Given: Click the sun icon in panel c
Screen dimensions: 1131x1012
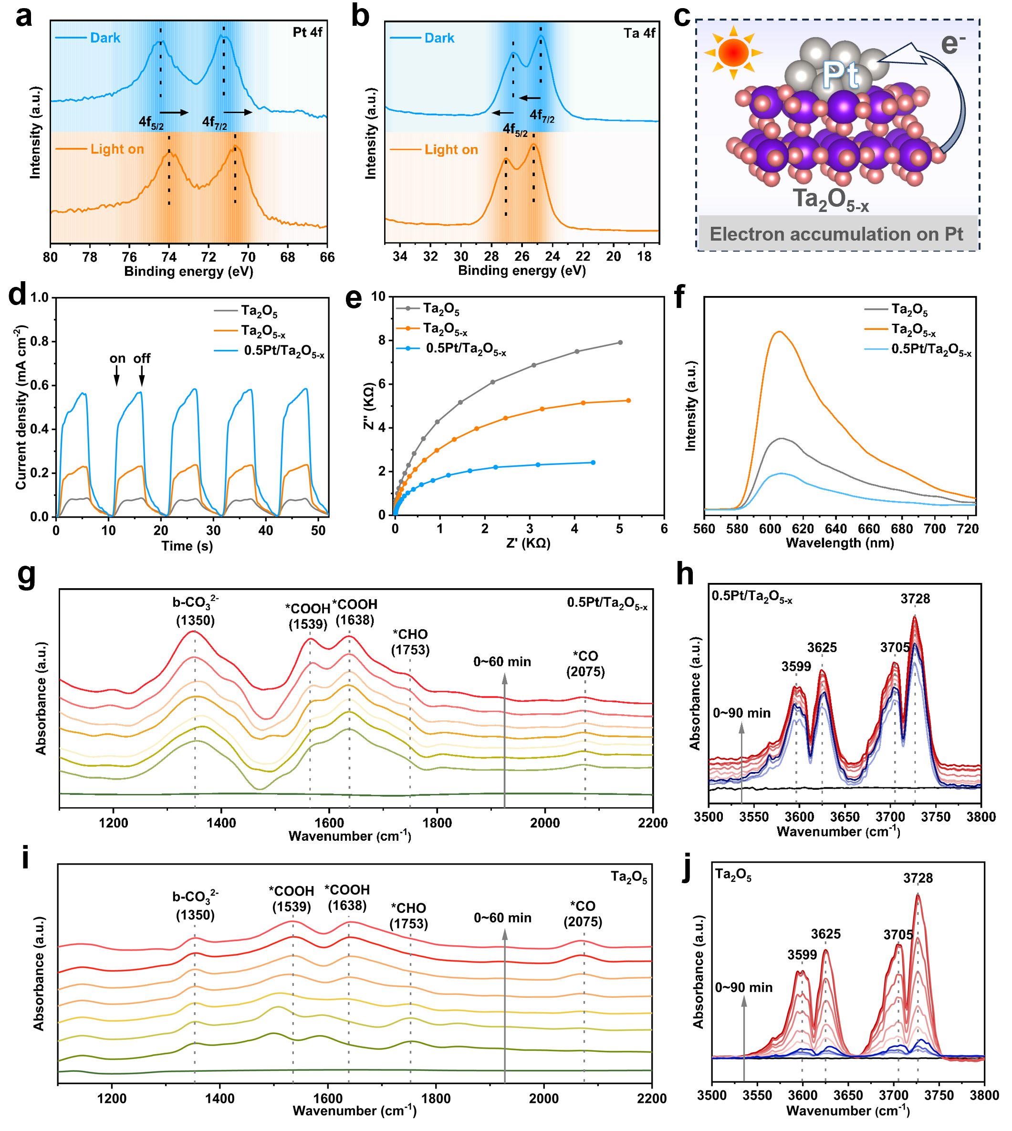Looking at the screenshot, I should point(733,53).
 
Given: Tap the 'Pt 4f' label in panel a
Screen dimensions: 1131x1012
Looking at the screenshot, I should point(307,32).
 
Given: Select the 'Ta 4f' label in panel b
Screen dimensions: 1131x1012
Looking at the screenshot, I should point(639,33).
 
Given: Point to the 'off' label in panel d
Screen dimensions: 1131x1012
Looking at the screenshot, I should point(142,358).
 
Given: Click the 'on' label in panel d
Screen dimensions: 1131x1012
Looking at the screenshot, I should point(117,358).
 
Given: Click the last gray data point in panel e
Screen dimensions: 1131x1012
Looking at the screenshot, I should point(620,343).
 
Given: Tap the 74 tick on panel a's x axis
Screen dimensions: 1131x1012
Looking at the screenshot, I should point(169,257).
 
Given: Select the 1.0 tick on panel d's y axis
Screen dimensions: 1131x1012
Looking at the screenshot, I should point(40,297).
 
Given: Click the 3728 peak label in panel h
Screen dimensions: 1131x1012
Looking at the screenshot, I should point(915,599).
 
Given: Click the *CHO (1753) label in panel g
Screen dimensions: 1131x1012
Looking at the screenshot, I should point(410,642).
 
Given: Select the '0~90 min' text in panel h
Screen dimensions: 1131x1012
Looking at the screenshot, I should point(742,713).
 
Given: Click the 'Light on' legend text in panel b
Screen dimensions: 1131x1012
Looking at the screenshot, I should point(451,149).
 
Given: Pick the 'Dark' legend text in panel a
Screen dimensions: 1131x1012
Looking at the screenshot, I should point(105,38).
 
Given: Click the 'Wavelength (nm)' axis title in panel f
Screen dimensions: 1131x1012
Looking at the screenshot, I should point(840,543).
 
